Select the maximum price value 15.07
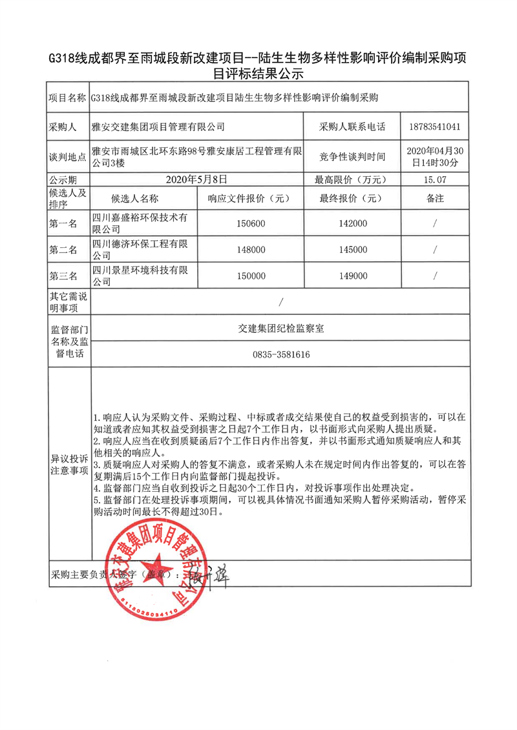(x=435, y=179)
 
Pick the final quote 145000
(x=352, y=250)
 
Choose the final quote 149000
(x=352, y=276)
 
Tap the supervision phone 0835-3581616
(x=280, y=354)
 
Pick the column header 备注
(x=435, y=198)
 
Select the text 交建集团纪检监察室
(x=280, y=328)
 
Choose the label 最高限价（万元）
(x=352, y=179)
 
